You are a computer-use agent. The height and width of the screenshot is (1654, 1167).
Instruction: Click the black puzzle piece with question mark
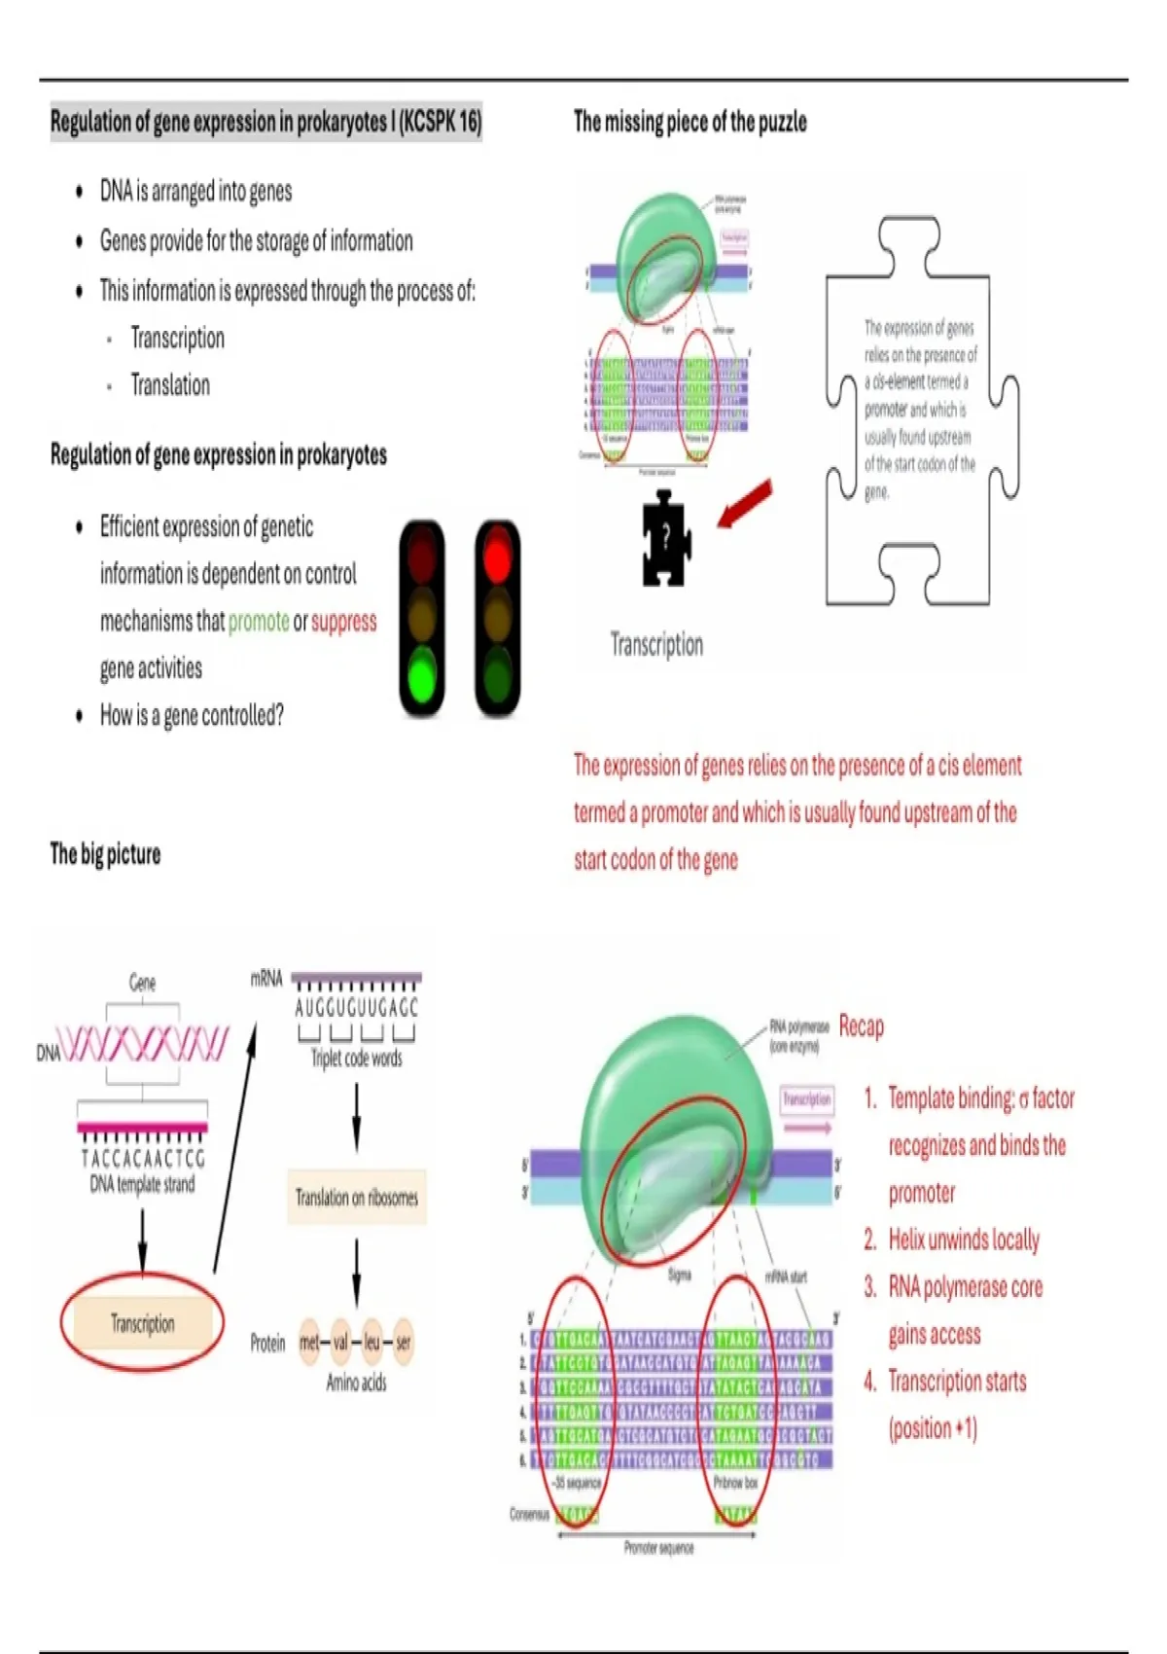665,539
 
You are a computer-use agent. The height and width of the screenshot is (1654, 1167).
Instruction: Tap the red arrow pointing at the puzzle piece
745,504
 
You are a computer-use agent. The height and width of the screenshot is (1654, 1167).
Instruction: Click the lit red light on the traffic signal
497,551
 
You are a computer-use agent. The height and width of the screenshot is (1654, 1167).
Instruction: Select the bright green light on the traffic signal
422,674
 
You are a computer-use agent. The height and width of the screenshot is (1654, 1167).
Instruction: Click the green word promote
259,622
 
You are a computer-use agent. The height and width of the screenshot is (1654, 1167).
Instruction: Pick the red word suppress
343,622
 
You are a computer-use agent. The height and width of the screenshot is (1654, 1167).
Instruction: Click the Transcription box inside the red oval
143,1323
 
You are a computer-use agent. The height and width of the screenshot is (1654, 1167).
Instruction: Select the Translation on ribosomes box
356,1197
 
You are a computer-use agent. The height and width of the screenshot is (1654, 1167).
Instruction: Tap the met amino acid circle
309,1343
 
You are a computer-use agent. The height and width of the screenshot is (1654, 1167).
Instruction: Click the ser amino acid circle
403,1343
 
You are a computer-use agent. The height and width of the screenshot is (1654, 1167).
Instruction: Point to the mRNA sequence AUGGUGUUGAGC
356,1008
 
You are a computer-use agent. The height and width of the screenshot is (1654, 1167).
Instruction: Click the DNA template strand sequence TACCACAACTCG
143,1159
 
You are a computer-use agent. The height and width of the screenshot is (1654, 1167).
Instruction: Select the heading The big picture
105,854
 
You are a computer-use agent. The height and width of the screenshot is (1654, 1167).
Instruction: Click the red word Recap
861,1026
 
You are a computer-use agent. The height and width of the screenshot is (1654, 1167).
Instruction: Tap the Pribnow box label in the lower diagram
735,1483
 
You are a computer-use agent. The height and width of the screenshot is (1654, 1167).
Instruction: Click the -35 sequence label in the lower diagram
577,1483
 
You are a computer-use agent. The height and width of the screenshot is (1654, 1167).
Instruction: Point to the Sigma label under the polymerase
679,1275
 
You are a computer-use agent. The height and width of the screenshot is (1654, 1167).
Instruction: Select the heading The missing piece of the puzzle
690,122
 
